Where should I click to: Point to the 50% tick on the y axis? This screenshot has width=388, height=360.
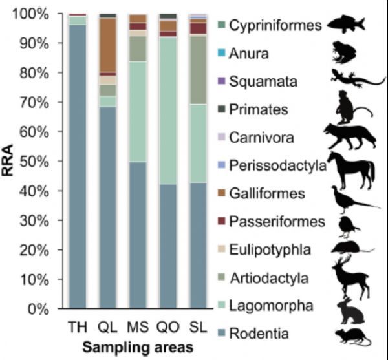pos(46,161)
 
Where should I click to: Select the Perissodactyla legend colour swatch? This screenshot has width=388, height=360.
pos(222,165)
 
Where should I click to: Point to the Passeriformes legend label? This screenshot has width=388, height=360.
pos(279,222)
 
